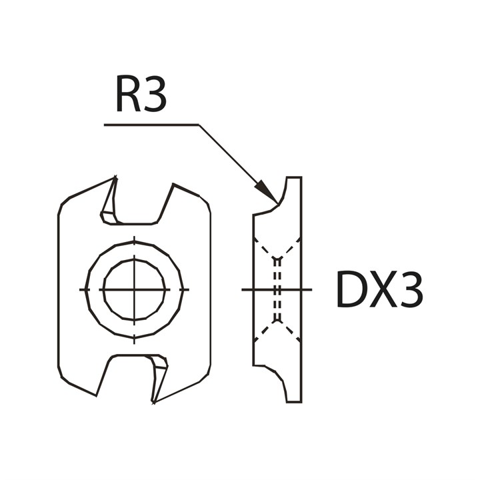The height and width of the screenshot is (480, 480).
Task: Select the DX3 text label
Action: coord(379,290)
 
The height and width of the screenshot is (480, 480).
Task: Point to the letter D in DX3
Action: coord(351,290)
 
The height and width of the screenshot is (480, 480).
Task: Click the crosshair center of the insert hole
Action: coord(134,289)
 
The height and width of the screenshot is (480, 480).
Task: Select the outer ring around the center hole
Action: coord(93,289)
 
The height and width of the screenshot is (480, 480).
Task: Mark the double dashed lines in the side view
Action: coord(277,290)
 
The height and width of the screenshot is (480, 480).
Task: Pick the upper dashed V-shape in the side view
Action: coord(277,250)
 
